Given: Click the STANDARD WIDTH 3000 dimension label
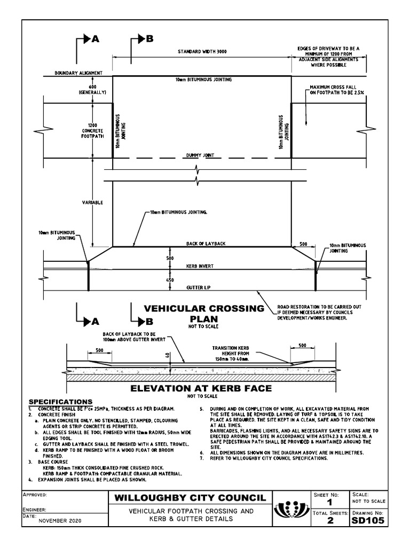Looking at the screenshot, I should click(x=202, y=52).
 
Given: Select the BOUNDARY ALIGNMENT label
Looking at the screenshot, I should click(x=75, y=73).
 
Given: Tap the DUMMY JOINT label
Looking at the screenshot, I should click(x=200, y=155).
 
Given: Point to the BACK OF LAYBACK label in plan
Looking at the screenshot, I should click(x=206, y=244).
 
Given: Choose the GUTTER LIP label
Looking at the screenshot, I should click(x=198, y=287).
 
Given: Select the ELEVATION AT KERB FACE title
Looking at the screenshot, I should click(x=202, y=388).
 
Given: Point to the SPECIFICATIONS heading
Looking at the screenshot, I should click(x=60, y=401).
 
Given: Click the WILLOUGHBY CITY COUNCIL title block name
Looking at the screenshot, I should click(x=189, y=498).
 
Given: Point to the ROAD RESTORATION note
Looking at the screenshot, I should click(x=312, y=312).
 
